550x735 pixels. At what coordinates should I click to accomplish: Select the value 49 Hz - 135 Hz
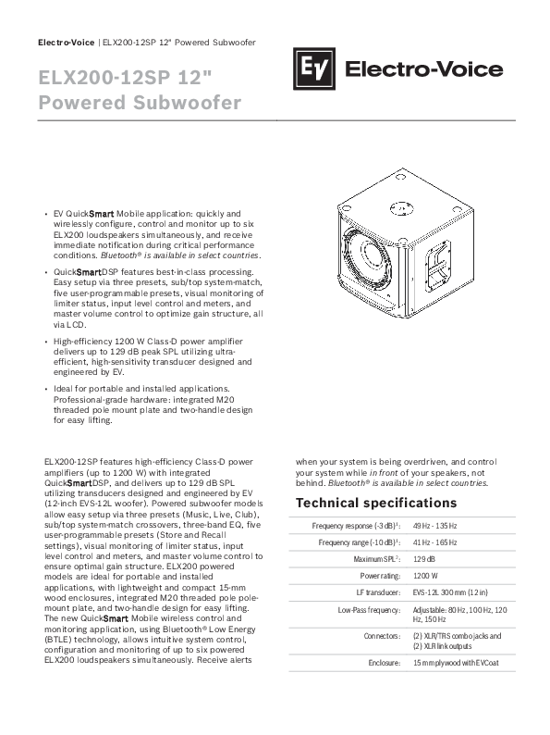[x=435, y=525]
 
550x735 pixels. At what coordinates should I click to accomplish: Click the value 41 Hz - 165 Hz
[x=435, y=542]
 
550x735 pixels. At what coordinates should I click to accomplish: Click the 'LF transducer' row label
[x=378, y=591]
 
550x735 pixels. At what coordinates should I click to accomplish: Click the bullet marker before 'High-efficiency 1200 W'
[x=46, y=343]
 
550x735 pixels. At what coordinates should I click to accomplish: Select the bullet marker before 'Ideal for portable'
[x=46, y=389]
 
